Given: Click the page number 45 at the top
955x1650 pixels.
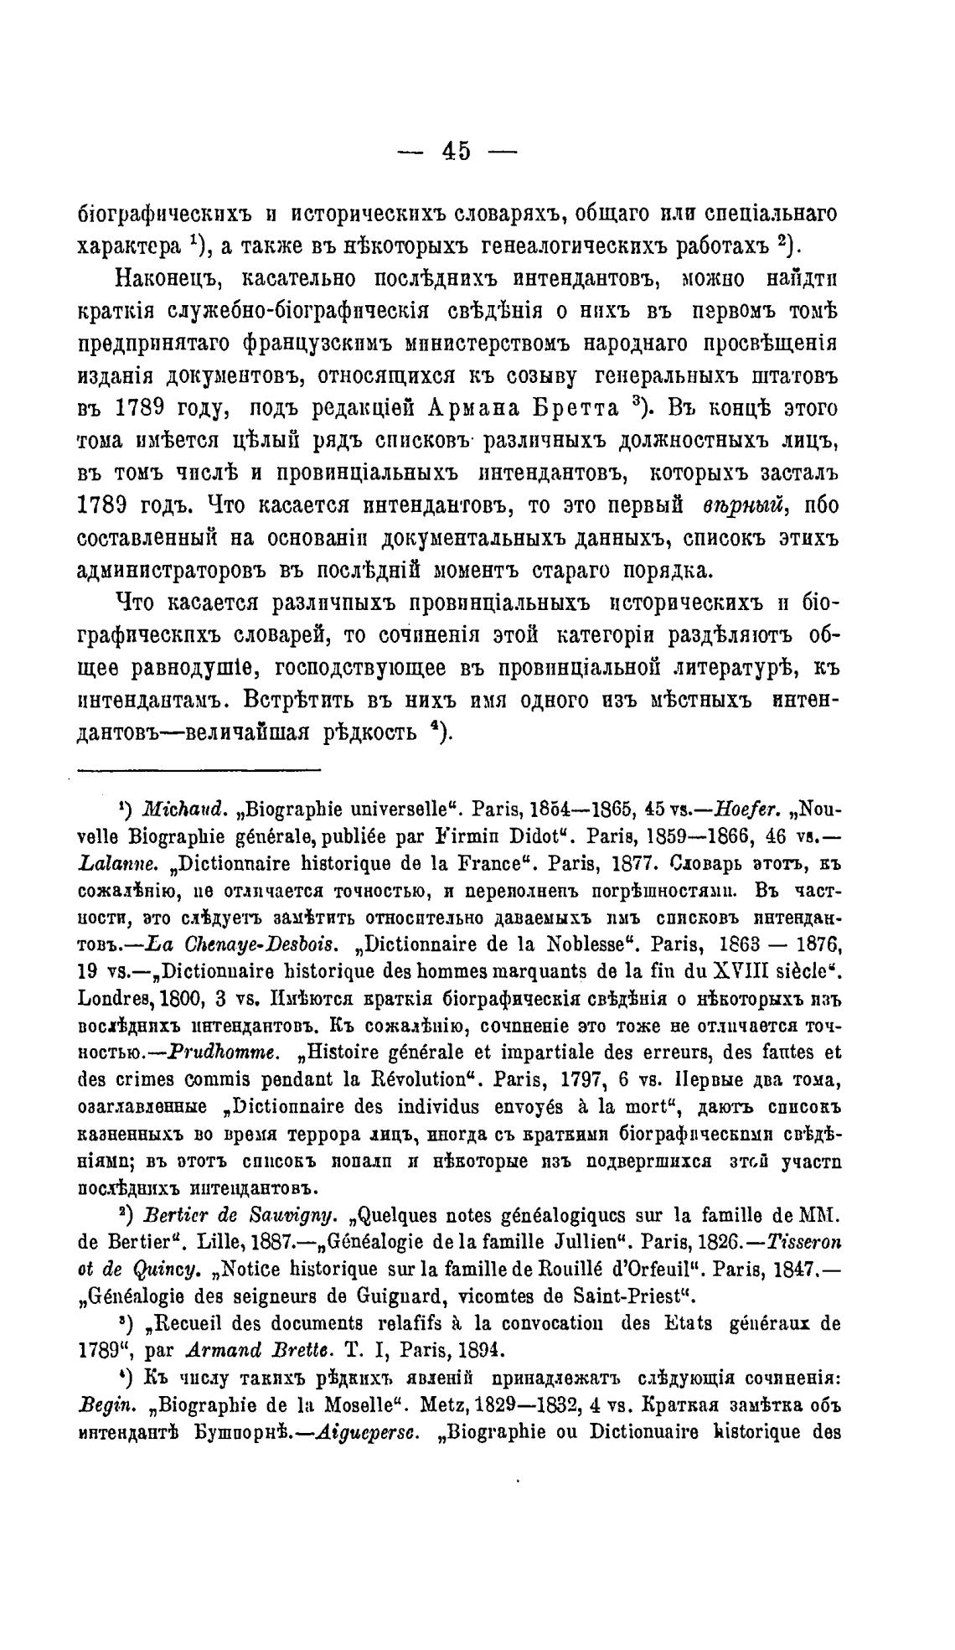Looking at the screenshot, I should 457,152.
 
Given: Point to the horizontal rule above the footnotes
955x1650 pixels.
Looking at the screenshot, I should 199,768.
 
